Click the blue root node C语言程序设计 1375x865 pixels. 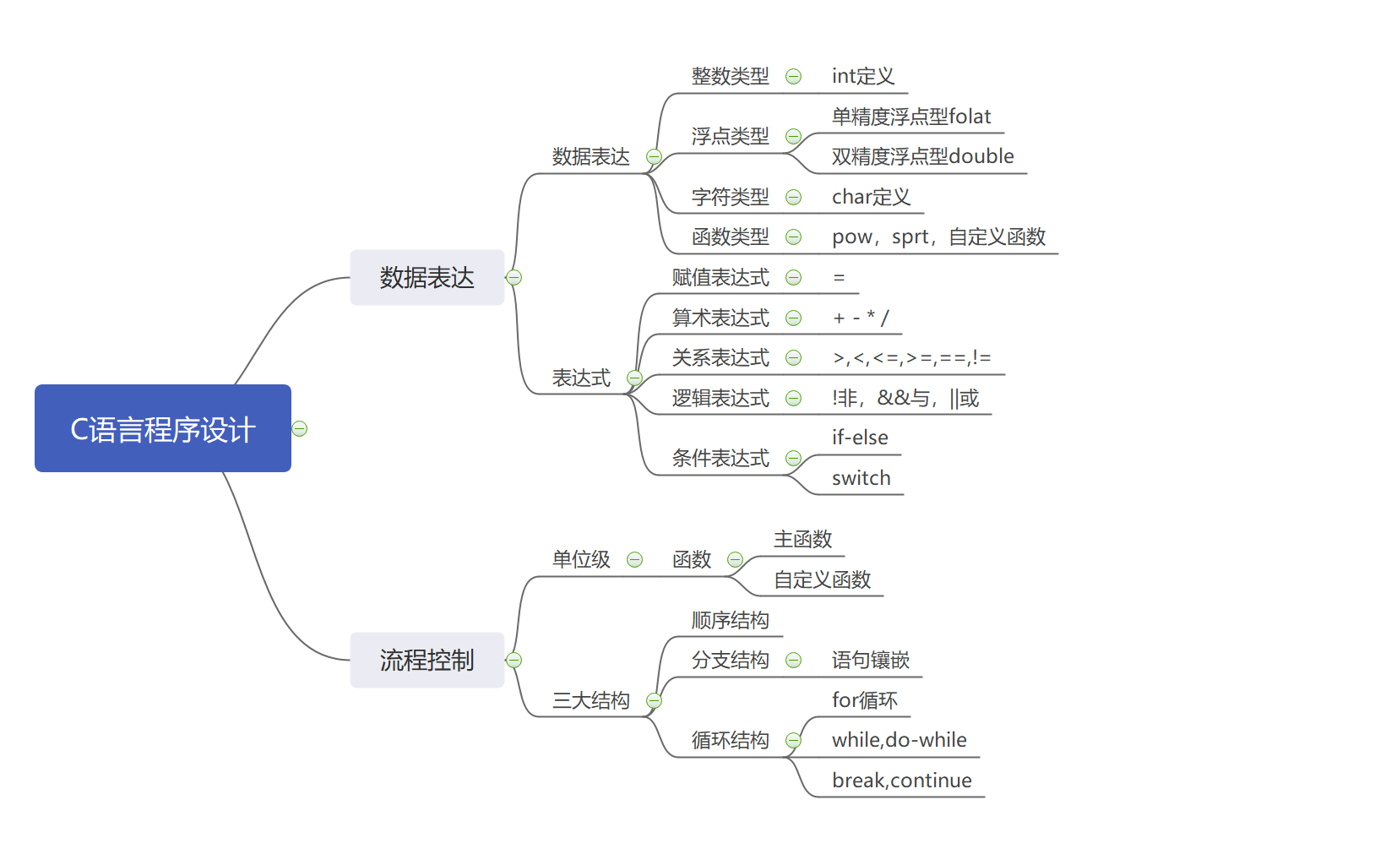162,428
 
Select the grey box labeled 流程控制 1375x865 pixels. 427,660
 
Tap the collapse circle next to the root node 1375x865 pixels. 300,429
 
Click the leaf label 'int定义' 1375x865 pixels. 862,76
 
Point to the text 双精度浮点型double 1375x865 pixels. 922,156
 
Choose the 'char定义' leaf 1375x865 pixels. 871,197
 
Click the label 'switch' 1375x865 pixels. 861,478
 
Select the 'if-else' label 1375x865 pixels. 860,438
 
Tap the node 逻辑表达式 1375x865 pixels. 720,398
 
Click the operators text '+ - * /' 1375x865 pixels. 861,318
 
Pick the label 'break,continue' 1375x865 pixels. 901,781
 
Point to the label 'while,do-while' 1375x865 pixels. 899,740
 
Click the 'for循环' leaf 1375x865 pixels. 864,700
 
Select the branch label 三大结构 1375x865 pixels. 590,700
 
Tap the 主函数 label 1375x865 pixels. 802,539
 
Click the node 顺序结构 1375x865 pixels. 730,620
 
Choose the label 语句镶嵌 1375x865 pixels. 870,660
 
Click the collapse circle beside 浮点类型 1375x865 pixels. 793,136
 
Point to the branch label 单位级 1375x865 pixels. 581,559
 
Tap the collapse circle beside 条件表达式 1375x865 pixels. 793,459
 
